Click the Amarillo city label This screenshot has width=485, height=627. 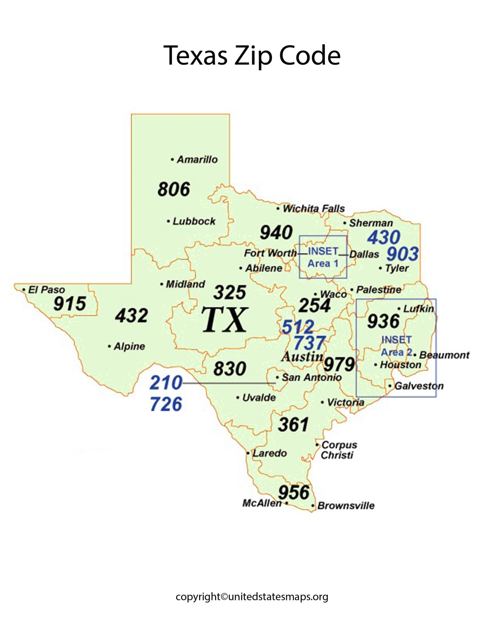(x=197, y=160)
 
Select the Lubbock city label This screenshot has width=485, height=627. (x=194, y=221)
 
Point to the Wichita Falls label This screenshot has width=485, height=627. (x=313, y=208)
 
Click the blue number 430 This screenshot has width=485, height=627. (x=384, y=237)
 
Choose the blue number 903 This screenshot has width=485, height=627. (x=402, y=254)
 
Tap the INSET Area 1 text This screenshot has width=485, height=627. (x=323, y=257)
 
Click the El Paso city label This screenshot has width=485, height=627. (x=46, y=289)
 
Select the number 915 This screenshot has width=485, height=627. (x=70, y=304)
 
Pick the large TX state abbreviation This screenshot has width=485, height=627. (x=224, y=320)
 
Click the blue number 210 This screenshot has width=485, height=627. (x=166, y=383)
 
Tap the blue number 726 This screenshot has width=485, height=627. (x=166, y=404)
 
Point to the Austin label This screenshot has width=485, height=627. (x=302, y=356)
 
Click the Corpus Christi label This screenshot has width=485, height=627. (x=339, y=450)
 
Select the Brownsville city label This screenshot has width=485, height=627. (x=346, y=505)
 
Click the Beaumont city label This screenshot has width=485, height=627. (x=444, y=355)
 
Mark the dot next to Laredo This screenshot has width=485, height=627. (x=248, y=453)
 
